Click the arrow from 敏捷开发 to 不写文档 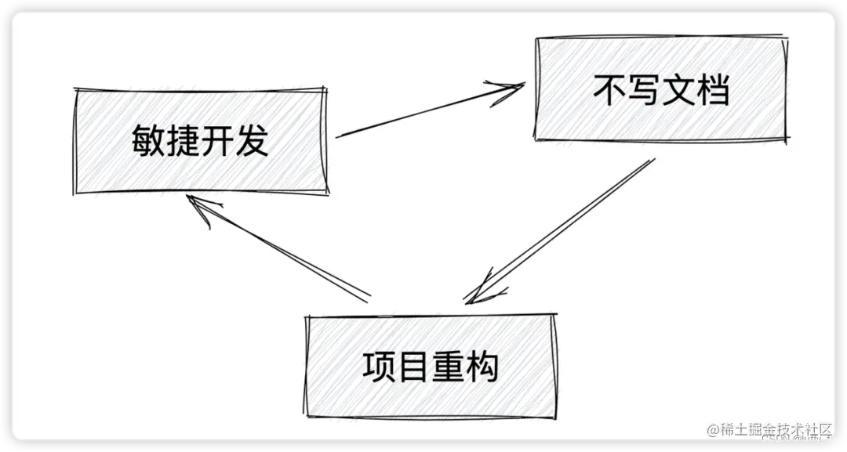[x=423, y=112]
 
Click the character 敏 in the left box [x=148, y=142]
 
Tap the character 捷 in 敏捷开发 [x=184, y=142]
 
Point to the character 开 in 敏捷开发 [x=218, y=142]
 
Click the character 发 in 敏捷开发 [x=253, y=142]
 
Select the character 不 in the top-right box [x=609, y=90]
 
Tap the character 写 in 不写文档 [x=644, y=90]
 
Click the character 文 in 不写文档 [x=678, y=90]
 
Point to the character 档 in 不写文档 [x=713, y=90]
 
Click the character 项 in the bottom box [x=379, y=367]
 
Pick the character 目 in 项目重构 [x=413, y=367]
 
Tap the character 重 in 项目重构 [x=448, y=367]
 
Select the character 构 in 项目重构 [x=482, y=367]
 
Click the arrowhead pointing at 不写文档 [x=510, y=87]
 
